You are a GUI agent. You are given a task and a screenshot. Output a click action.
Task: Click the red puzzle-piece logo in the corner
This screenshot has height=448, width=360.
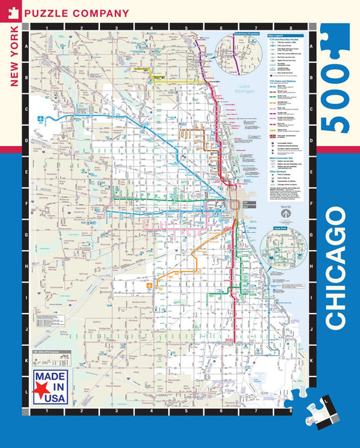click(x=13, y=12)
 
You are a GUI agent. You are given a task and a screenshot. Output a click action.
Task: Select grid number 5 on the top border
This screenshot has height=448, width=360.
click(x=186, y=28)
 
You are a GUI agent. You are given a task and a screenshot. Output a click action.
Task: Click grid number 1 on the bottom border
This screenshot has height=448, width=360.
click(x=47, y=410)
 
